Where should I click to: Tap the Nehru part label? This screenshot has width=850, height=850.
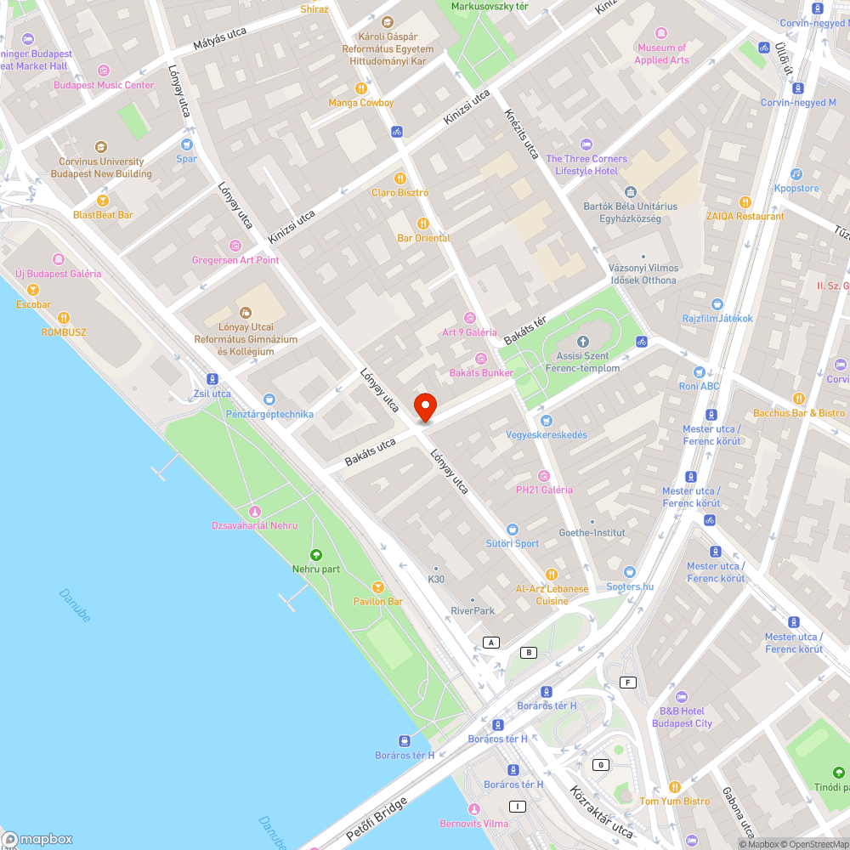pyautogui.click(x=315, y=569)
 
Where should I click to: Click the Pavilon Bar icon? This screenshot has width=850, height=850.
pyautogui.click(x=378, y=587)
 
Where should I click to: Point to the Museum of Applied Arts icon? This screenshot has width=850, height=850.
pyautogui.click(x=661, y=35)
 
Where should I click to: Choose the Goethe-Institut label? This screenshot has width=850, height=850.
pyautogui.click(x=592, y=533)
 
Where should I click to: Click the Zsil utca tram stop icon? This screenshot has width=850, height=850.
pyautogui.click(x=212, y=379)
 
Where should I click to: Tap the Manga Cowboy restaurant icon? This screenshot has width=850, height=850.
pyautogui.click(x=361, y=88)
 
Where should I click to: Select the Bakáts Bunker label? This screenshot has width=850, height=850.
pyautogui.click(x=481, y=373)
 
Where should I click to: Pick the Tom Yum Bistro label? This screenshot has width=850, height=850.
pyautogui.click(x=674, y=801)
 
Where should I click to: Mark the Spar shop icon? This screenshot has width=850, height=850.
pyautogui.click(x=186, y=144)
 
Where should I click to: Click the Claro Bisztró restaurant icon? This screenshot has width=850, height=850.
pyautogui.click(x=399, y=178)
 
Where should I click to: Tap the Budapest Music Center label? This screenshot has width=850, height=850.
pyautogui.click(x=104, y=85)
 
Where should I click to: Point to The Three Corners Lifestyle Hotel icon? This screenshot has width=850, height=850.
pyautogui.click(x=586, y=144)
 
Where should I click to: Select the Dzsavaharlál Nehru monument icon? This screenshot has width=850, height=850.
pyautogui.click(x=254, y=511)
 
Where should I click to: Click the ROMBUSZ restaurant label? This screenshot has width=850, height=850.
pyautogui.click(x=64, y=332)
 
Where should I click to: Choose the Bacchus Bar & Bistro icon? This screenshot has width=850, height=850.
pyautogui.click(x=798, y=399)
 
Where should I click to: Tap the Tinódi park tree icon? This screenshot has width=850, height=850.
pyautogui.click(x=838, y=773)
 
